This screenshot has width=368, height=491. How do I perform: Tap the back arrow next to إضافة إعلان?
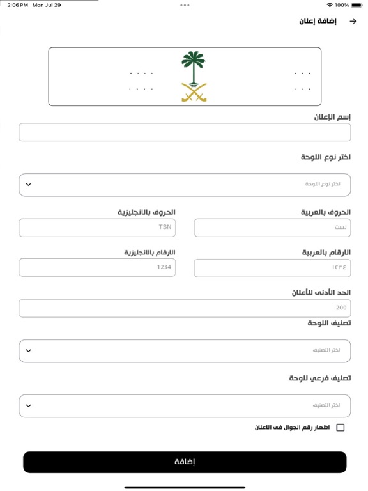point(353,21)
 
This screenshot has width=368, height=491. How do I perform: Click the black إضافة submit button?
point(185,462)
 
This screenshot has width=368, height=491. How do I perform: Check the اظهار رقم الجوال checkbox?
point(340,428)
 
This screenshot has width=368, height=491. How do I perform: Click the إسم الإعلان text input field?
point(185,132)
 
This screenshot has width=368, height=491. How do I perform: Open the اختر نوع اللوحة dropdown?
point(185,184)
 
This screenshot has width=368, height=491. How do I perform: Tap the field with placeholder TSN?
point(97,228)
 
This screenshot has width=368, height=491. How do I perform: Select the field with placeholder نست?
point(272,228)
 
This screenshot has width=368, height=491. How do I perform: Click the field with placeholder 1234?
point(97,267)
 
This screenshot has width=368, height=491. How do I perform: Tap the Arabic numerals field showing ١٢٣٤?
point(272,267)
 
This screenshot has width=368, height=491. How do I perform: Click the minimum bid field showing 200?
point(185,308)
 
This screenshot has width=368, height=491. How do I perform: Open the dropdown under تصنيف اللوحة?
point(185,350)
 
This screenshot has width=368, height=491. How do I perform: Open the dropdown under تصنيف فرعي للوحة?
point(185,405)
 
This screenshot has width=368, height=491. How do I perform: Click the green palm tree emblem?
point(194,65)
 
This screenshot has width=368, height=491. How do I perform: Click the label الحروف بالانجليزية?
point(146,212)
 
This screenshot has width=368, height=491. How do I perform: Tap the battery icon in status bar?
point(358,5)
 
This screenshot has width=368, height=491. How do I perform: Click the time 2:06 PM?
point(19,5)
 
